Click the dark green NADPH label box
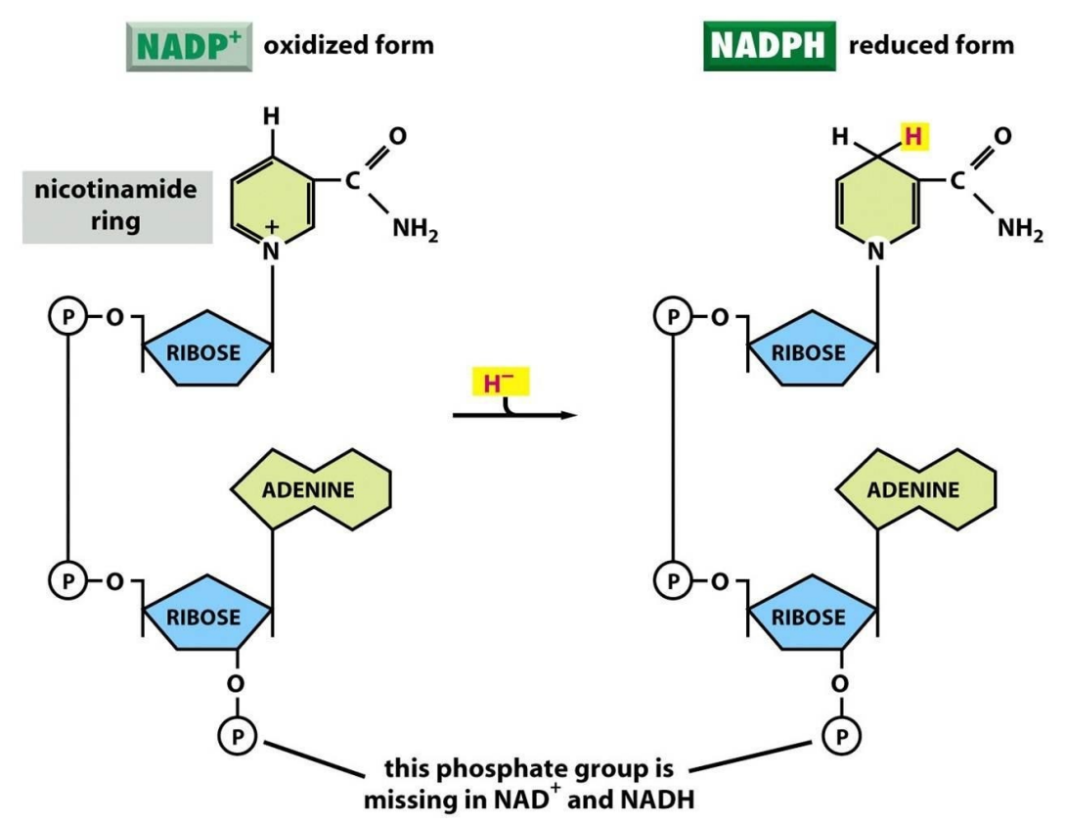pyautogui.click(x=770, y=46)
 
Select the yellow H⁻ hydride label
pyautogui.click(x=499, y=382)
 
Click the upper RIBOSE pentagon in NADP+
pyautogui.click(x=204, y=350)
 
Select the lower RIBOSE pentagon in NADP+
pyautogui.click(x=204, y=617)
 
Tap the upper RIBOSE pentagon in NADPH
pyautogui.click(x=809, y=350)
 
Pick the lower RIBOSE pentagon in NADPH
pyautogui.click(x=809, y=617)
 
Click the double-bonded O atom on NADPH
pyautogui.click(x=1002, y=135)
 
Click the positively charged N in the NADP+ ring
pyautogui.click(x=271, y=250)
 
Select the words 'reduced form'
pyautogui.click(x=931, y=45)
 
